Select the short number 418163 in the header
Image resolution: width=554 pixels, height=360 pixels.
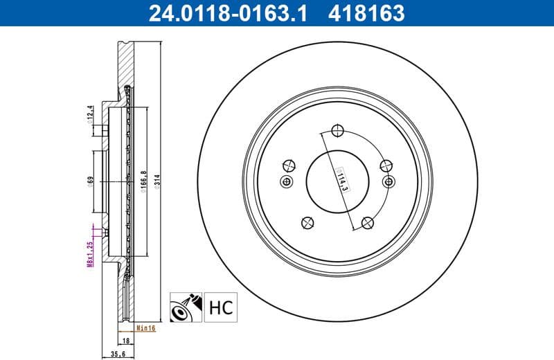pyautogui.click(x=366, y=12)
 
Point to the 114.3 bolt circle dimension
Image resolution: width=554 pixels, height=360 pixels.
pyautogui.click(x=341, y=179)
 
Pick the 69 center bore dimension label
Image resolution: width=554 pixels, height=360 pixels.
pyautogui.click(x=90, y=182)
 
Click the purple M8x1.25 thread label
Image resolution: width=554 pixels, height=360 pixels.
pyautogui.click(x=90, y=254)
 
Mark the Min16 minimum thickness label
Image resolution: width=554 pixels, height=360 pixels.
pyautogui.click(x=145, y=328)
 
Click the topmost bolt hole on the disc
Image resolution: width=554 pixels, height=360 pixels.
pyautogui.click(x=338, y=131)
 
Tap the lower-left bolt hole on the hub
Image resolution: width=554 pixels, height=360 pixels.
pyautogui.click(x=307, y=222)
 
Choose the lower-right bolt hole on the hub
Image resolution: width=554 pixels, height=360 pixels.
pyautogui.click(x=368, y=222)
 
